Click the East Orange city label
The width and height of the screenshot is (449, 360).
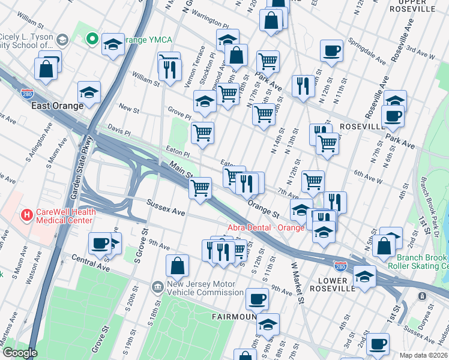[58, 106]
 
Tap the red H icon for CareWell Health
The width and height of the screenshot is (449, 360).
[26, 214]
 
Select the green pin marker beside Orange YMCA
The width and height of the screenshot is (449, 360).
[91, 40]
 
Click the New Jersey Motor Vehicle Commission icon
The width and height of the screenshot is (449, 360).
[157, 287]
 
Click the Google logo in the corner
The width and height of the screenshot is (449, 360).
[19, 353]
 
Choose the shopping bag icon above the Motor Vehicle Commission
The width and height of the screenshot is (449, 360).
[178, 266]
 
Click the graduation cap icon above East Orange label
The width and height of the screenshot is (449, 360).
[89, 92]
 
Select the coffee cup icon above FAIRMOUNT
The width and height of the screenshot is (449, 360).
[257, 298]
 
